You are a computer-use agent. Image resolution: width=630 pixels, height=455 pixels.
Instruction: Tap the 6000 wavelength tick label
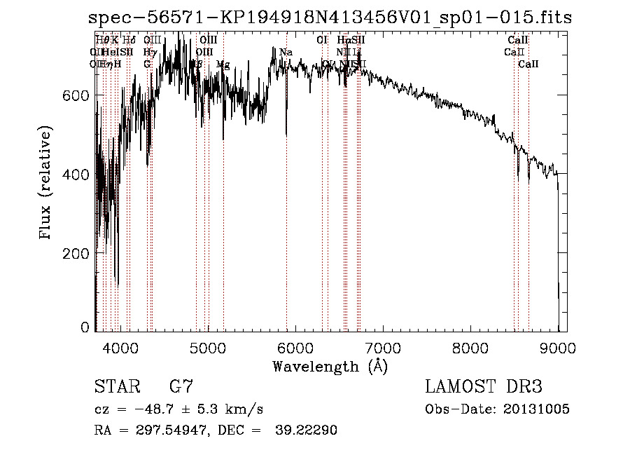click(295, 347)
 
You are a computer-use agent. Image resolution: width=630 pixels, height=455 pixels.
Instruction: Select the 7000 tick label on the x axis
click(383, 347)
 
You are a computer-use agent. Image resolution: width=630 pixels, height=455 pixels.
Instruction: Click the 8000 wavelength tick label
click(470, 347)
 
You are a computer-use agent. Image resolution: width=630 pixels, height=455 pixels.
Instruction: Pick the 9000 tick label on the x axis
click(558, 347)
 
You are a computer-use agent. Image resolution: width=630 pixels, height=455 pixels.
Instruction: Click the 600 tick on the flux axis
click(78, 95)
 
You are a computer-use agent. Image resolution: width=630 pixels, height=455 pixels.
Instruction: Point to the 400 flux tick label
click(78, 174)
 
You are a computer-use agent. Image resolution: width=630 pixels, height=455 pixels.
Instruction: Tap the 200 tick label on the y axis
click(78, 252)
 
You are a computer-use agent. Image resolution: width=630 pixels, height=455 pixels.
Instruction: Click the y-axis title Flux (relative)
click(46, 184)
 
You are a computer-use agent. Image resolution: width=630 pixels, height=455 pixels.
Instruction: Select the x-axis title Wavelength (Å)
click(330, 366)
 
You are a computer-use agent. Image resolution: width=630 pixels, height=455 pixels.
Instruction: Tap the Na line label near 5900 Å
click(286, 52)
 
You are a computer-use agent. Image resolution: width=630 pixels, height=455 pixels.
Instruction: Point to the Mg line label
click(223, 64)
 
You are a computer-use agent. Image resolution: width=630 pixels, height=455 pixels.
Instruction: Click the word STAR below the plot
click(115, 386)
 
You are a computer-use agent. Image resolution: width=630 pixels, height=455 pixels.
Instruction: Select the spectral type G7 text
click(181, 386)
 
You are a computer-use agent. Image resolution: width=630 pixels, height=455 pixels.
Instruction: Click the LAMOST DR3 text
click(484, 386)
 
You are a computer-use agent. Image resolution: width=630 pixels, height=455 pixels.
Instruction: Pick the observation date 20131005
click(538, 409)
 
